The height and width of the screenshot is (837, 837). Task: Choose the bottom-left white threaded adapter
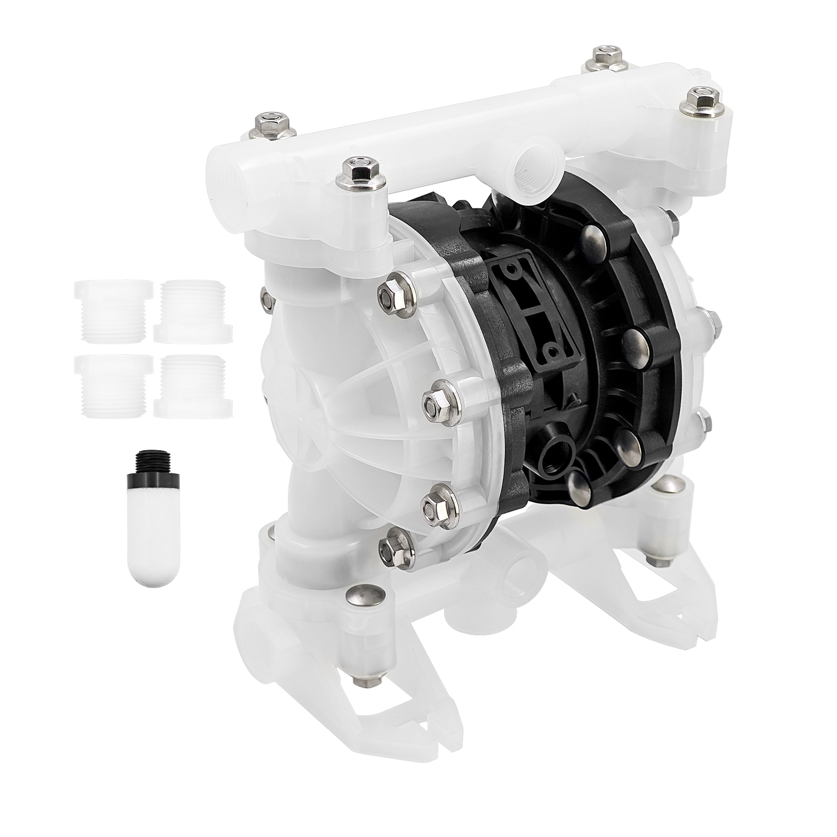click(x=112, y=385)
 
